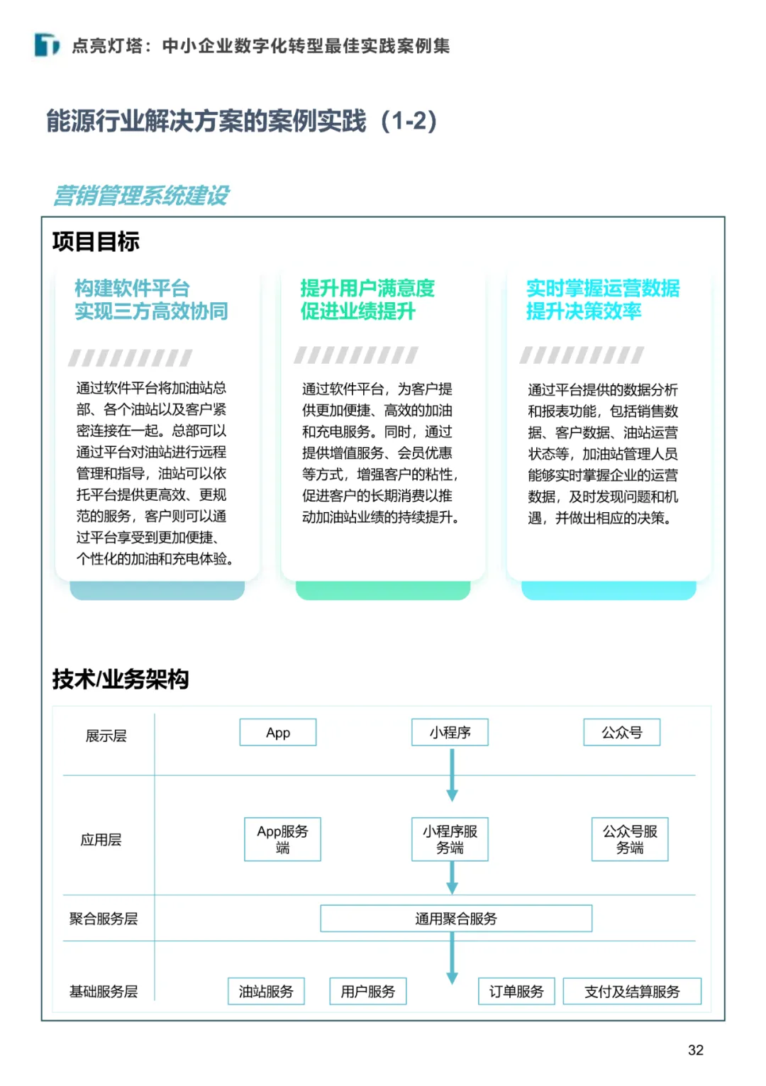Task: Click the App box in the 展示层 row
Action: [x=278, y=733]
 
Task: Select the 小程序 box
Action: [x=450, y=733]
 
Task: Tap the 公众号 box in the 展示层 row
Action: [x=621, y=733]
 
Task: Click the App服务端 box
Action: [x=282, y=839]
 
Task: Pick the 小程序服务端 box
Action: [x=450, y=839]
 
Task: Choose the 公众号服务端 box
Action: [x=630, y=839]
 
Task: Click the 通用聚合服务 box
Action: [x=456, y=919]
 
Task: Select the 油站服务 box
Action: [x=266, y=992]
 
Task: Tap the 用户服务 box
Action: [x=368, y=992]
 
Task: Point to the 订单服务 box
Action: [x=516, y=992]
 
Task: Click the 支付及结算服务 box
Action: [x=632, y=992]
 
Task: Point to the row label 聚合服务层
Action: [x=104, y=919]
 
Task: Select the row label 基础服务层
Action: [x=104, y=992]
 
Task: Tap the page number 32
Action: [x=696, y=1051]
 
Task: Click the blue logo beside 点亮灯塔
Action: [x=48, y=45]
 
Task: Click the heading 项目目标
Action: [x=96, y=242]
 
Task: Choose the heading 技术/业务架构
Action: [x=121, y=680]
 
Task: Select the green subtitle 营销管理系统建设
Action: [x=141, y=196]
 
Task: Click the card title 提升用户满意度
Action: [x=367, y=289]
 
